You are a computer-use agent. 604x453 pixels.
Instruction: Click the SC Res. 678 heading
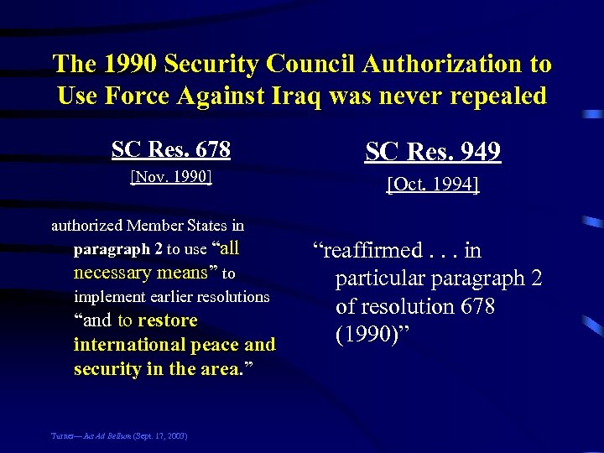171,149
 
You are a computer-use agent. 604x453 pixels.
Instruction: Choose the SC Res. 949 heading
433,152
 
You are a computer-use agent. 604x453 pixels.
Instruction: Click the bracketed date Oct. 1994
433,185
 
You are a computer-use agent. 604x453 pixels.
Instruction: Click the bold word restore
168,320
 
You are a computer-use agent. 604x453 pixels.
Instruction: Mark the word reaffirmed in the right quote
367,250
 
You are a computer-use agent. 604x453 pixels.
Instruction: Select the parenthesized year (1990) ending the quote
369,335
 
